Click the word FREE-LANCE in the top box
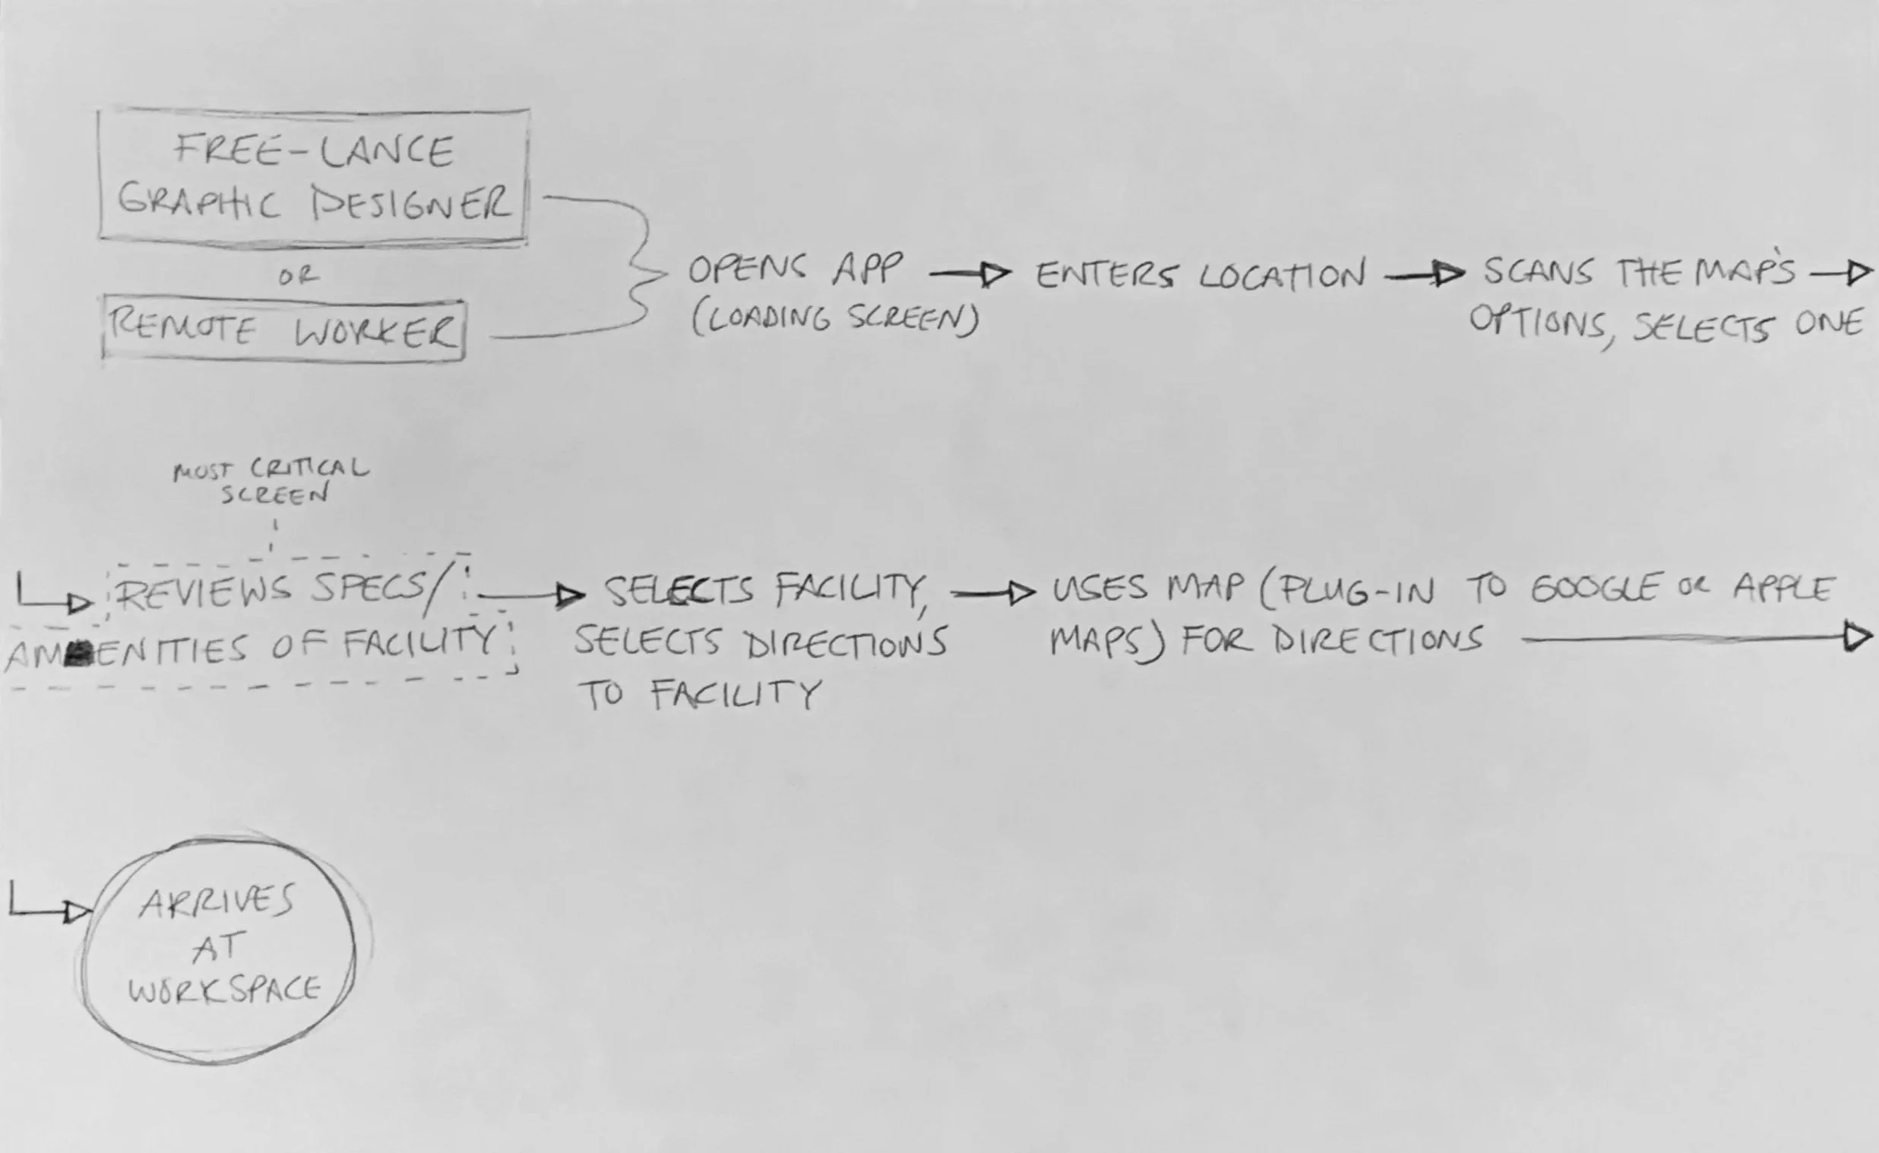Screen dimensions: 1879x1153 tap(314, 150)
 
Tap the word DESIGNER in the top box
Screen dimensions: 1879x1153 tap(412, 204)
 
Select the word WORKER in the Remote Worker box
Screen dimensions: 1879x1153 tap(376, 332)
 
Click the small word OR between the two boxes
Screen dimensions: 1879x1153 tap(298, 276)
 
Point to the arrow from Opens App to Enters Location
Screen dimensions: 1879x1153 tap(970, 273)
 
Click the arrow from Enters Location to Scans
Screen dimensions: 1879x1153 tap(1424, 274)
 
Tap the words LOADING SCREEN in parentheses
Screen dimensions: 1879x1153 tap(835, 319)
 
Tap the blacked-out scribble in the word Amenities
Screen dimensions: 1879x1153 tap(78, 652)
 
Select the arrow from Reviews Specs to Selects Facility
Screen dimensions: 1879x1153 tap(532, 595)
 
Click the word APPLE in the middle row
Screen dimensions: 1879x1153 tap(1783, 589)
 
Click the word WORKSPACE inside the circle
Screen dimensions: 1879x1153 tap(224, 989)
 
